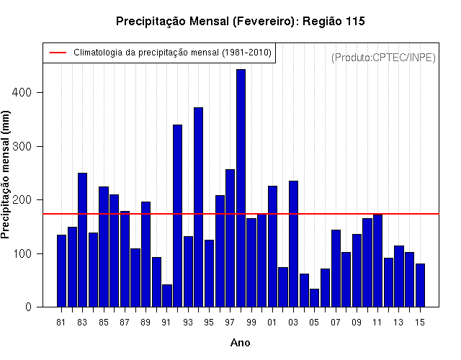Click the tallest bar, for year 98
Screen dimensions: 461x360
coord(241,188)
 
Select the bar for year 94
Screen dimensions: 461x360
coord(199,207)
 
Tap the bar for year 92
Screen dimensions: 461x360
coord(178,216)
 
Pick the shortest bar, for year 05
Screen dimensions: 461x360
coord(314,298)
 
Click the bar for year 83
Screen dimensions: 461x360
coord(82,240)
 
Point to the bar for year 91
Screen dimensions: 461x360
coord(167,296)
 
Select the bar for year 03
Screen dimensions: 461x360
coord(293,244)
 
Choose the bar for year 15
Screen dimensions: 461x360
coord(420,285)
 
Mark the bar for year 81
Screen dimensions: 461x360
coord(61,271)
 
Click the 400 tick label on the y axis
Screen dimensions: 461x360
coord(22,93)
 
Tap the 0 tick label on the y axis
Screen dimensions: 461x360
coord(28,307)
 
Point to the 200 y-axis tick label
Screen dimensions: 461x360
coord(22,200)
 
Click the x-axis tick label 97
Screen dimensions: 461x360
coord(230,323)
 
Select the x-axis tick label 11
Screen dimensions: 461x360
coord(377,323)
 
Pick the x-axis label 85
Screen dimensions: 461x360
coord(104,323)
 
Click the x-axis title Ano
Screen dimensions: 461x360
coord(240,343)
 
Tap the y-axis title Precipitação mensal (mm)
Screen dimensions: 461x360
coord(5,174)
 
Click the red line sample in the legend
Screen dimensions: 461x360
coord(58,53)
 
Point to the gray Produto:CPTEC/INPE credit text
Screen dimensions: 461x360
coord(383,58)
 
